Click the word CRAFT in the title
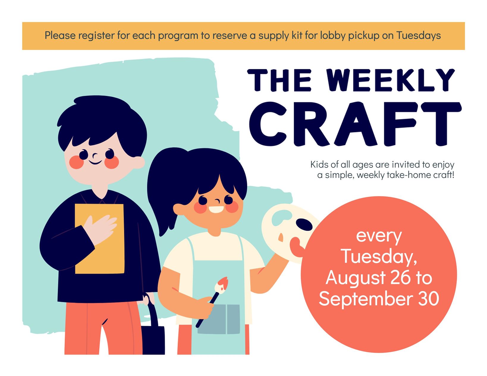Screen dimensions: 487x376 [355, 124]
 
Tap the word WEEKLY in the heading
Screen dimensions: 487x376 [391, 80]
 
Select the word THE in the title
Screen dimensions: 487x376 [279, 80]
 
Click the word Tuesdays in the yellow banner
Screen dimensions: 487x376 [418, 35]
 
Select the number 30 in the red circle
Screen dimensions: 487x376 [428, 298]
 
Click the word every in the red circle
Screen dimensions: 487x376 [379, 237]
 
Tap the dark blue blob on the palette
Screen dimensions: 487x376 [304, 224]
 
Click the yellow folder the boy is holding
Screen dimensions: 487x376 [100, 239]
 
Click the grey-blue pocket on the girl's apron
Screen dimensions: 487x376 [219, 319]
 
